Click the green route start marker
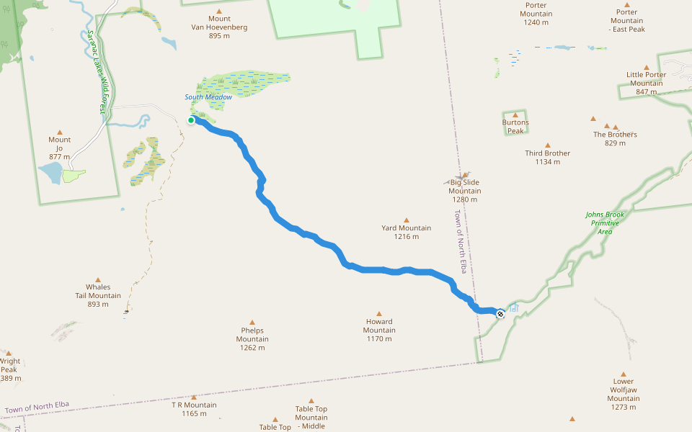tap(191, 120)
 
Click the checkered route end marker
tap(500, 313)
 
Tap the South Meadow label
tap(208, 97)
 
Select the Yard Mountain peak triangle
tap(406, 220)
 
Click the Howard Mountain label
tap(379, 326)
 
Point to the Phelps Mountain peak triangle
tap(252, 323)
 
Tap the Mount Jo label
tap(60, 148)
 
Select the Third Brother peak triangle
tap(548, 145)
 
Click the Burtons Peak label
tap(515, 127)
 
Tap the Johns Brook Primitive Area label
tap(605, 223)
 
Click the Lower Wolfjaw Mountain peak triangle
tap(624, 373)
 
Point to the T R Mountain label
tap(194, 409)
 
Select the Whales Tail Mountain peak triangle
tap(99, 279)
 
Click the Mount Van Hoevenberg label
tap(219, 23)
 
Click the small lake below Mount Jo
tap(50, 174)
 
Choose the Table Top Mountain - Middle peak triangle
tap(311, 401)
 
